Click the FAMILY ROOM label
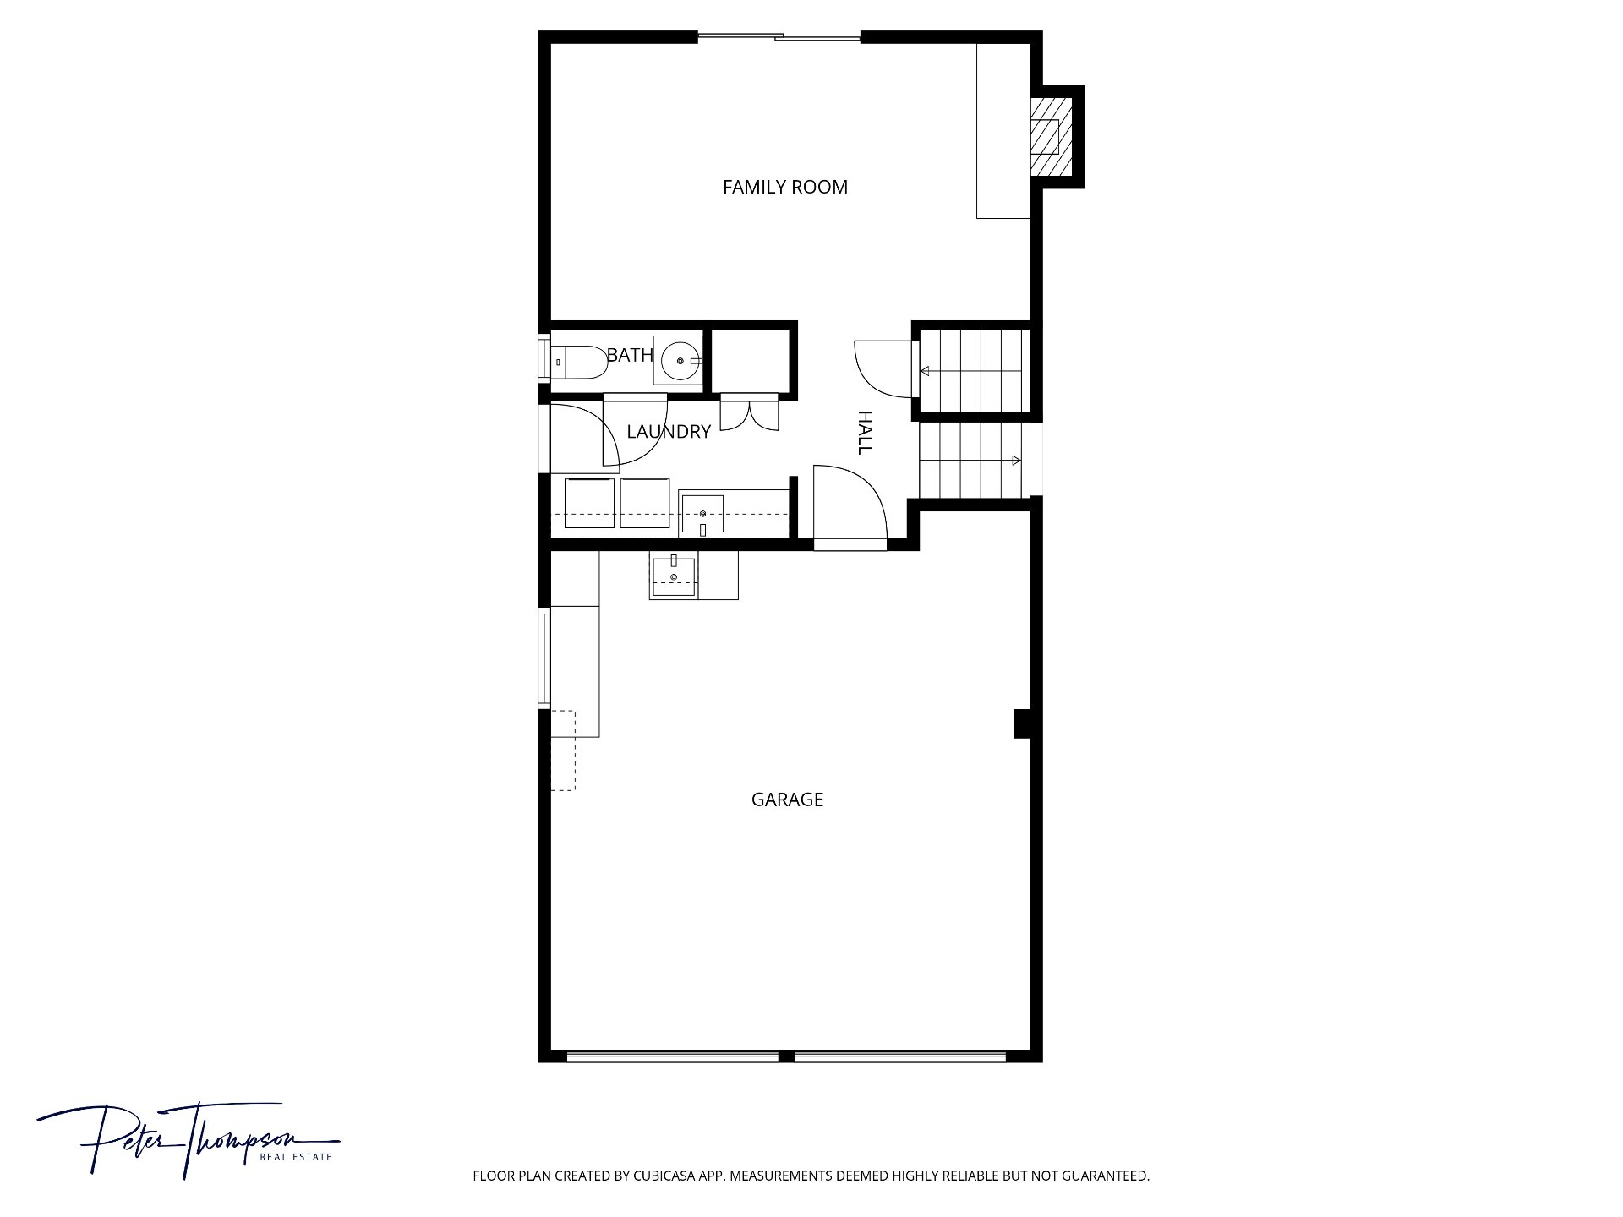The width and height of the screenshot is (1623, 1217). (785, 187)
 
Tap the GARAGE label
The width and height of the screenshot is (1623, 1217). (787, 800)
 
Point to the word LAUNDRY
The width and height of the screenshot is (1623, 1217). (669, 432)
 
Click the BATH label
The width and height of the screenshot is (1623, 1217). (630, 355)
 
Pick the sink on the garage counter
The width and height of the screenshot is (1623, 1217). (674, 578)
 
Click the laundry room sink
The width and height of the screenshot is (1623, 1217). (702, 515)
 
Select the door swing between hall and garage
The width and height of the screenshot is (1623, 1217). (849, 504)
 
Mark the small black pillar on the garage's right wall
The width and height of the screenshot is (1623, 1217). (1022, 723)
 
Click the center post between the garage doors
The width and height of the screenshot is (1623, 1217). (786, 1056)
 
